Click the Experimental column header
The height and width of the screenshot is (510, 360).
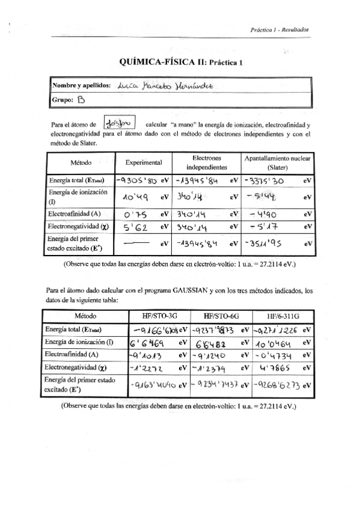(144, 162)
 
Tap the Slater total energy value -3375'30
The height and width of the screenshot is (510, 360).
(265, 180)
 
